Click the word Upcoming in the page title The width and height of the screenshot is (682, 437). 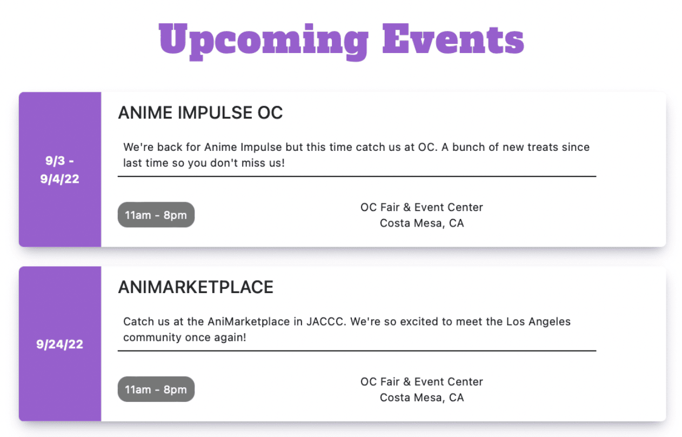(x=264, y=42)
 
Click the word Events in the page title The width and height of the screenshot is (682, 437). (x=453, y=39)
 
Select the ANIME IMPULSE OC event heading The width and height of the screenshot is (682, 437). (x=200, y=112)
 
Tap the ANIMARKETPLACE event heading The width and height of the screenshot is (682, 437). (x=196, y=287)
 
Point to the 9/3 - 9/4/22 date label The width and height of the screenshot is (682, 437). (x=59, y=169)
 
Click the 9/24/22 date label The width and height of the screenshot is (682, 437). (x=59, y=344)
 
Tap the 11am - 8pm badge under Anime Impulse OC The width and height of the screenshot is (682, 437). (x=156, y=215)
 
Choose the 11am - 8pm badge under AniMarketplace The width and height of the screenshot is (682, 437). (x=156, y=389)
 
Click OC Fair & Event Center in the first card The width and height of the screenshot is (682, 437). (x=422, y=207)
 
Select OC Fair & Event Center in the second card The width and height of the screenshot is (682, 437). (x=422, y=381)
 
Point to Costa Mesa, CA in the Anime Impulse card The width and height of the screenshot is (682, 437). (x=422, y=223)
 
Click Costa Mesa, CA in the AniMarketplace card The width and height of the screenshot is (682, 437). (x=422, y=398)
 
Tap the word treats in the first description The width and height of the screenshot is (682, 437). (x=543, y=147)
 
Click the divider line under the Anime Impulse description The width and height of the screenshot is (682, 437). (x=357, y=176)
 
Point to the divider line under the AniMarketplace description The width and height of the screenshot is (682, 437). (x=357, y=351)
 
